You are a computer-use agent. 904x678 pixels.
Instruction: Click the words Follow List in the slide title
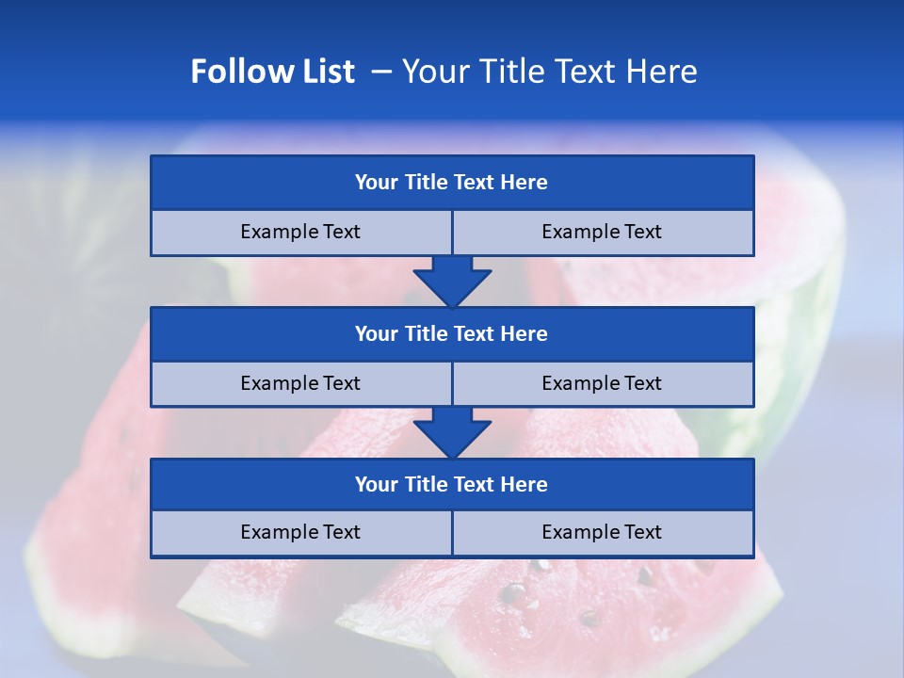(x=272, y=72)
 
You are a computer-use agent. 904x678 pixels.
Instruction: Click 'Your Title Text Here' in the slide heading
(x=549, y=72)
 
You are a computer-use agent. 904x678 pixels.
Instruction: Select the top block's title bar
(x=452, y=183)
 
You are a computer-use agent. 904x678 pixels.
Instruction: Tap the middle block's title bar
(x=452, y=333)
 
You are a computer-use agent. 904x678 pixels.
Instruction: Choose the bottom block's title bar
(x=452, y=484)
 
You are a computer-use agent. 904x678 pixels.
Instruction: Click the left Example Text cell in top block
(x=300, y=232)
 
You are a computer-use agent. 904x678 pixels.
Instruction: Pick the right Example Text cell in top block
(x=602, y=232)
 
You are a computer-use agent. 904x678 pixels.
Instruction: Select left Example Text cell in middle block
(x=300, y=383)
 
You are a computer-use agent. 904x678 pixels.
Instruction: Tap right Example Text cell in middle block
(x=602, y=383)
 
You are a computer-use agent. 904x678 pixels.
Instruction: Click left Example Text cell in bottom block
(x=300, y=532)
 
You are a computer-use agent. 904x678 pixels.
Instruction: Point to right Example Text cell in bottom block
(x=602, y=532)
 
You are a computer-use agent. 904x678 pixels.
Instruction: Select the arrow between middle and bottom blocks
(x=452, y=432)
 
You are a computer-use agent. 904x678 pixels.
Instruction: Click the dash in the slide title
(x=381, y=72)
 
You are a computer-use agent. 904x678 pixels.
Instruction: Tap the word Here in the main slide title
(x=662, y=72)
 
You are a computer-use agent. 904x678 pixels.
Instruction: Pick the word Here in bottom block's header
(x=525, y=484)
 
